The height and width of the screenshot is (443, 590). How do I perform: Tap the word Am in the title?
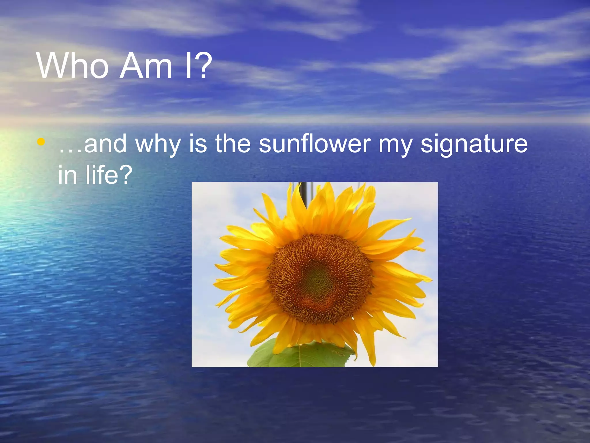[x=145, y=66]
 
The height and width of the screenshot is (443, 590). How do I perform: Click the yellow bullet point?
[x=41, y=142]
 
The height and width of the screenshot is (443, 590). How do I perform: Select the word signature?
[x=474, y=144]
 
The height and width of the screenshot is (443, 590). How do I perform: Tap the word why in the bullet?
[x=158, y=144]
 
